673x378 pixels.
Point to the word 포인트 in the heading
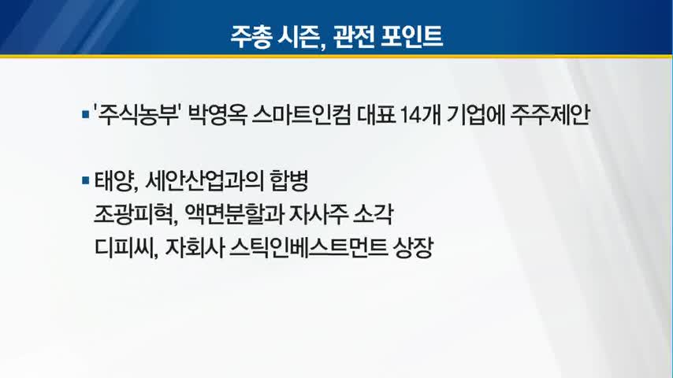(x=412, y=36)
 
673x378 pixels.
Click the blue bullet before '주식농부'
(x=85, y=115)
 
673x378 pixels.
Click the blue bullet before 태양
(x=85, y=180)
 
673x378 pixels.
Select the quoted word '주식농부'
(x=136, y=114)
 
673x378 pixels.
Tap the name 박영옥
(x=218, y=114)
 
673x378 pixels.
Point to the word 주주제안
(x=550, y=114)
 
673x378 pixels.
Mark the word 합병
(x=289, y=180)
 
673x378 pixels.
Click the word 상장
(x=412, y=247)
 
